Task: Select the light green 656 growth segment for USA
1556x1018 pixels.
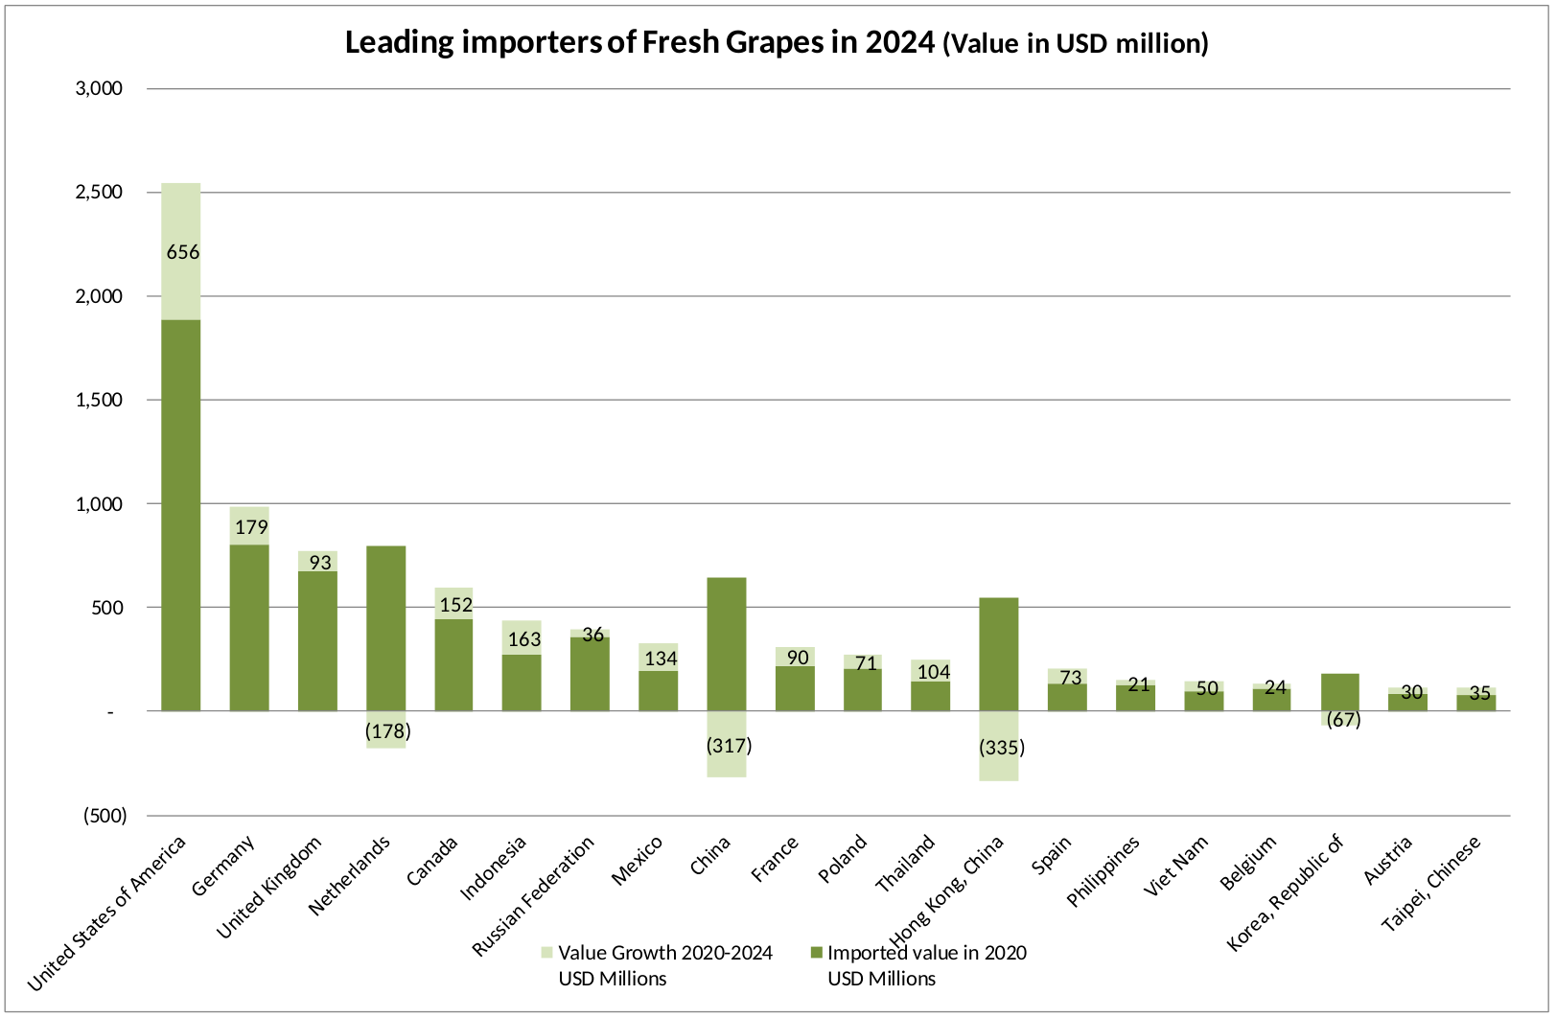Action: tap(181, 251)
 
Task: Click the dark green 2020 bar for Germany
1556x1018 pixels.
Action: tap(249, 628)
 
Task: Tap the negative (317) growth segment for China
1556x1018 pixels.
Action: tap(727, 744)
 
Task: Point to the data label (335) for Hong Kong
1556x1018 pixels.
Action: tap(1002, 748)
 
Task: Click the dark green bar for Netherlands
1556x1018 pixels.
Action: tap(385, 629)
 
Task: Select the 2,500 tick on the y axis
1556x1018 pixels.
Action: tap(99, 192)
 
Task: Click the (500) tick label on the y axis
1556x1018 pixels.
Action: tap(105, 815)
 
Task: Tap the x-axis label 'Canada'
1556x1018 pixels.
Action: tap(432, 861)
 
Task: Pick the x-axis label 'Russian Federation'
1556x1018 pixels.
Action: tap(533, 896)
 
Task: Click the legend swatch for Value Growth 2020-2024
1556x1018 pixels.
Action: tap(546, 952)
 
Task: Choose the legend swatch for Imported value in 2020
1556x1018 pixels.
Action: tap(816, 952)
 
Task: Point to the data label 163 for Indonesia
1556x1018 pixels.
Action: tap(523, 638)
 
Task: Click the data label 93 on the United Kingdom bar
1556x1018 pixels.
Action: tap(320, 563)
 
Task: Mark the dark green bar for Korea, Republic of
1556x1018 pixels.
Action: tap(1340, 692)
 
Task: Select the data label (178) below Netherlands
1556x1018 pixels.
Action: tap(387, 731)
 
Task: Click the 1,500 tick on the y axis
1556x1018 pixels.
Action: tap(99, 400)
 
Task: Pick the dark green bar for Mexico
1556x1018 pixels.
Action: tap(658, 691)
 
